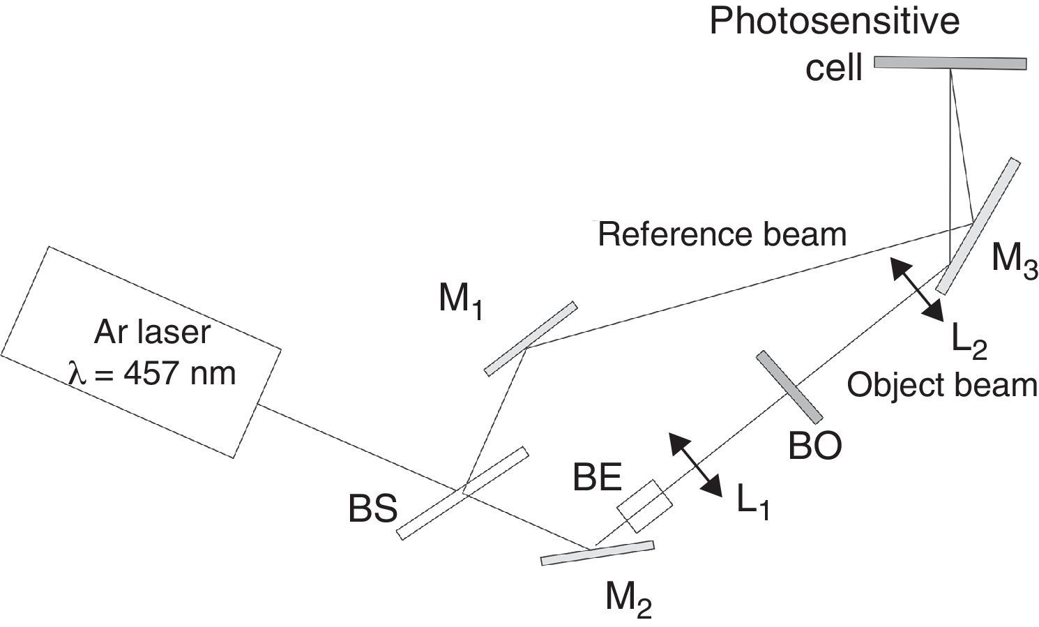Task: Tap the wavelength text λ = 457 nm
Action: [152, 375]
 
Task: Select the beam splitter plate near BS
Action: [462, 493]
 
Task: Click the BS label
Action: [373, 510]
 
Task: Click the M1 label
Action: [461, 302]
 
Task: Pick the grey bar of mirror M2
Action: [598, 552]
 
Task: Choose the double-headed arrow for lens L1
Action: [695, 465]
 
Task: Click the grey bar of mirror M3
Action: [978, 226]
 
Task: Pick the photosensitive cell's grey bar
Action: [950, 63]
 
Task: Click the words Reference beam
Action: [722, 234]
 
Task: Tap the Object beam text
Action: [942, 385]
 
